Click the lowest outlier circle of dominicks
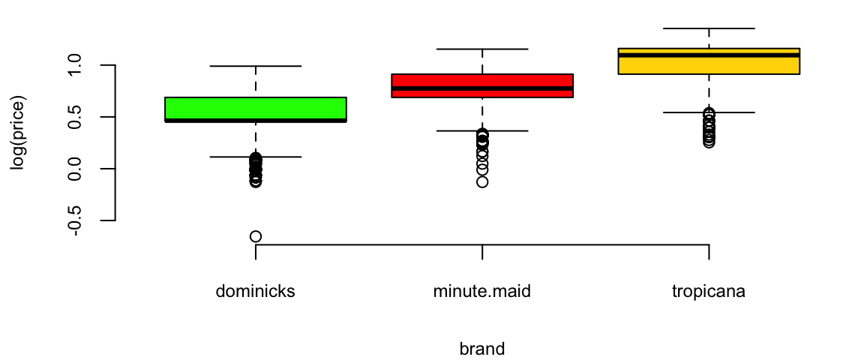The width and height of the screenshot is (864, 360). (256, 236)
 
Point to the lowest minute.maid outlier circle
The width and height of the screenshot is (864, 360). (482, 181)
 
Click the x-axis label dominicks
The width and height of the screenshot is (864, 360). (256, 292)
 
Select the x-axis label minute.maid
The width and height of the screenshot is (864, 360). (482, 292)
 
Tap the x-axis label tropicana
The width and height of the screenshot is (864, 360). (709, 292)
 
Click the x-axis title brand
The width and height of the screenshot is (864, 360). (482, 349)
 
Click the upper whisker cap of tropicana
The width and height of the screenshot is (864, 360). (709, 28)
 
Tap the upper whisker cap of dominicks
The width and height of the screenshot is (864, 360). (256, 66)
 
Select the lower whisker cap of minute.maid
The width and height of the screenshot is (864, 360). (482, 130)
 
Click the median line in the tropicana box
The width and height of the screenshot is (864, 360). (709, 55)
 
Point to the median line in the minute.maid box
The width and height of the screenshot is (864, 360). (482, 88)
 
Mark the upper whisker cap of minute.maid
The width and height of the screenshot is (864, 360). (482, 49)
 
